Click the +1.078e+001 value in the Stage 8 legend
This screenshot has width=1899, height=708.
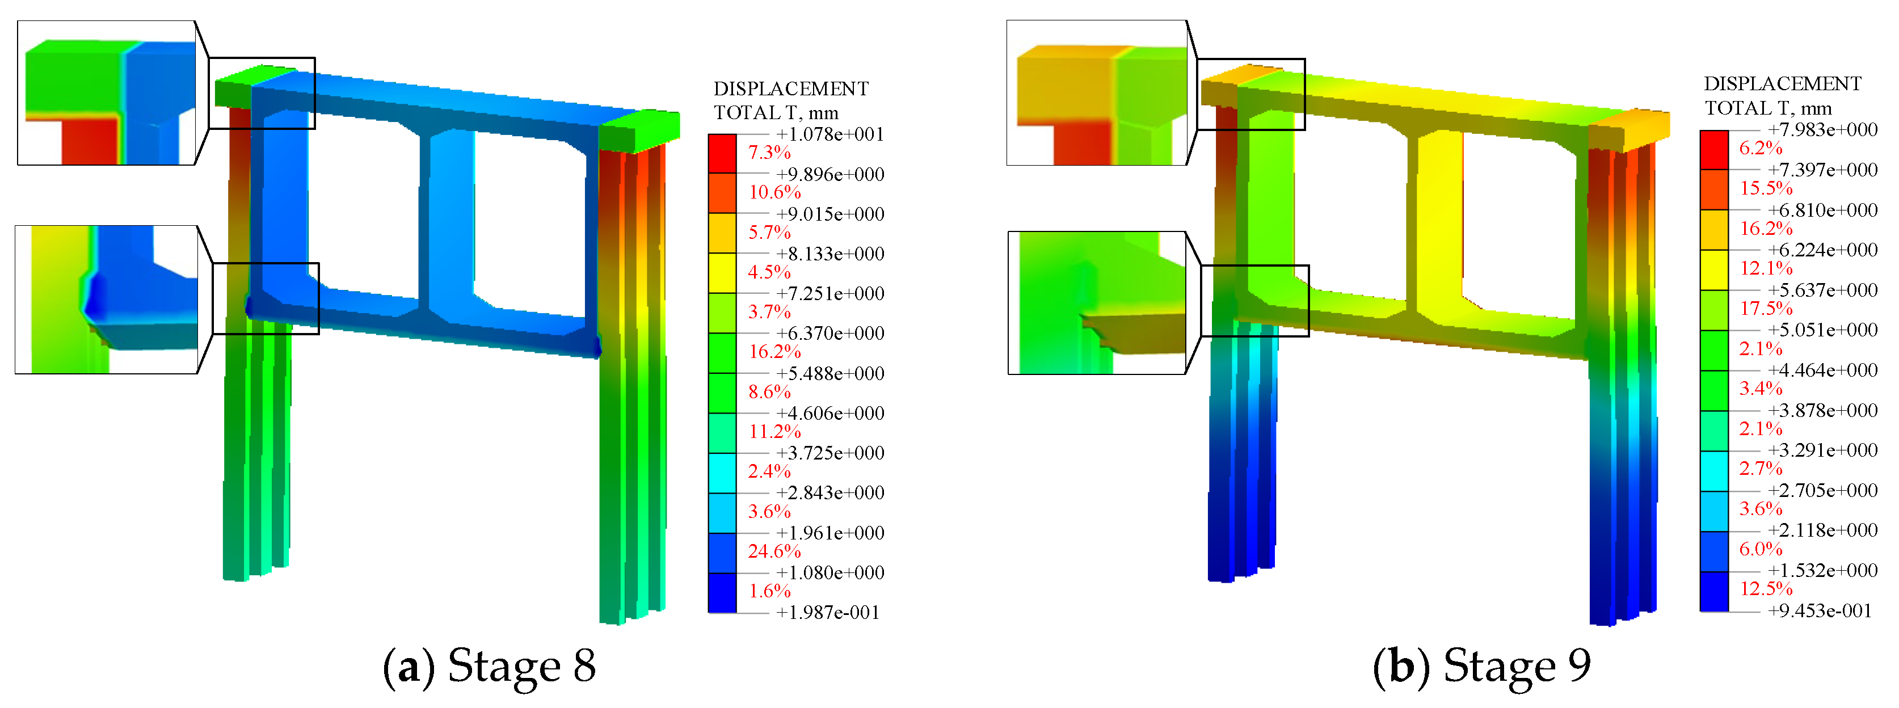pyautogui.click(x=830, y=134)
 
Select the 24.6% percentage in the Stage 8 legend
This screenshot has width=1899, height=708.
pyautogui.click(x=774, y=551)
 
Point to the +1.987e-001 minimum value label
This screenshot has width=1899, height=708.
pyautogui.click(x=827, y=612)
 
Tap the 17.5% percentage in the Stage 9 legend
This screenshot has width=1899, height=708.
pyautogui.click(x=1766, y=308)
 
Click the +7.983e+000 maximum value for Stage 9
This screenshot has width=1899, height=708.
pyautogui.click(x=1822, y=130)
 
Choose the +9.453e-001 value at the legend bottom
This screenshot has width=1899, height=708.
pyautogui.click(x=1820, y=611)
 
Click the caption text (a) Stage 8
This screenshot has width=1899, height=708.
pyautogui.click(x=489, y=665)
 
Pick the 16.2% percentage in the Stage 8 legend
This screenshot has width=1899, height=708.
pyautogui.click(x=774, y=351)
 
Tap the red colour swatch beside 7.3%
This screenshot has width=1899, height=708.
pyautogui.click(x=722, y=153)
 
